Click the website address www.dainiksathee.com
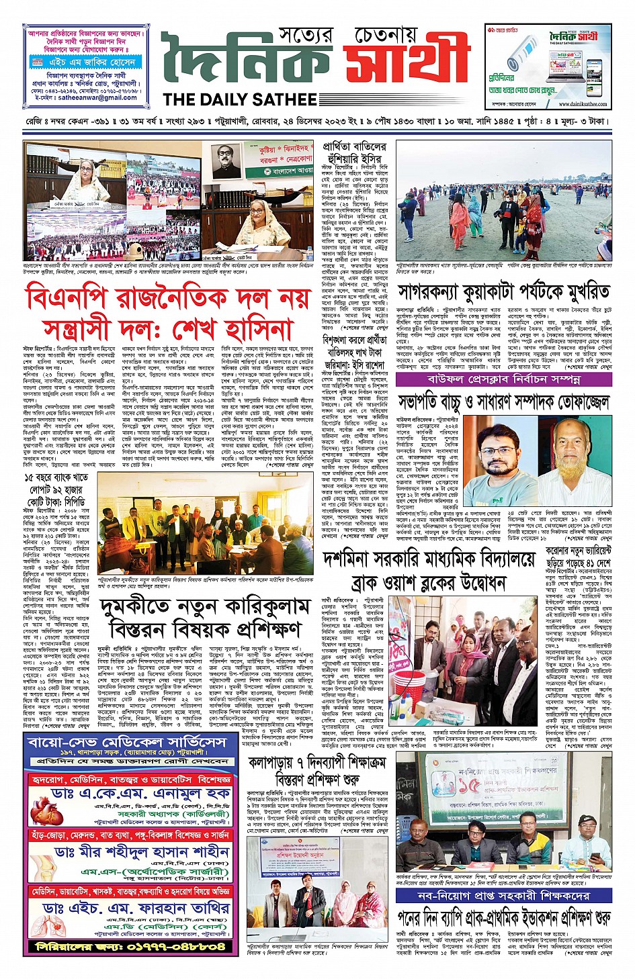click(582, 104)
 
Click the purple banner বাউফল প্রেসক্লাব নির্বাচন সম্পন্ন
click(504, 379)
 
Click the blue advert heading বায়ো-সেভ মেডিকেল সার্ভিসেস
click(128, 743)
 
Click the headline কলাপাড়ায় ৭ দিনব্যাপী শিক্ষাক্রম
click(319, 763)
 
